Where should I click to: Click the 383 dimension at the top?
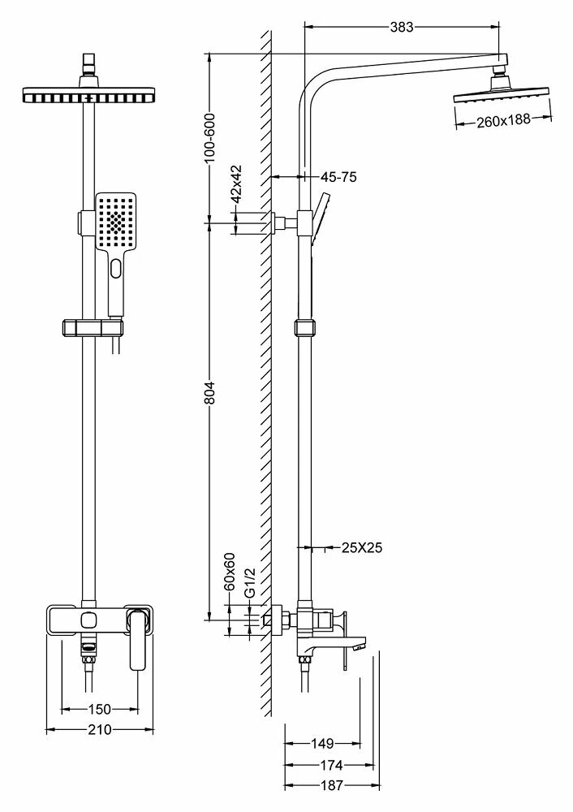tap(401, 27)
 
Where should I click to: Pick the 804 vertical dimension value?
tap(210, 393)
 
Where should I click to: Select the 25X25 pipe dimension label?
tap(362, 548)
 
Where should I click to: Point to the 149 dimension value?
tap(323, 742)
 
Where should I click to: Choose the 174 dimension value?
tap(330, 764)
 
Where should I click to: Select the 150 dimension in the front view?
tap(99, 708)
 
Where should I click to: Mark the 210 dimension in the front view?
tap(99, 729)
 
